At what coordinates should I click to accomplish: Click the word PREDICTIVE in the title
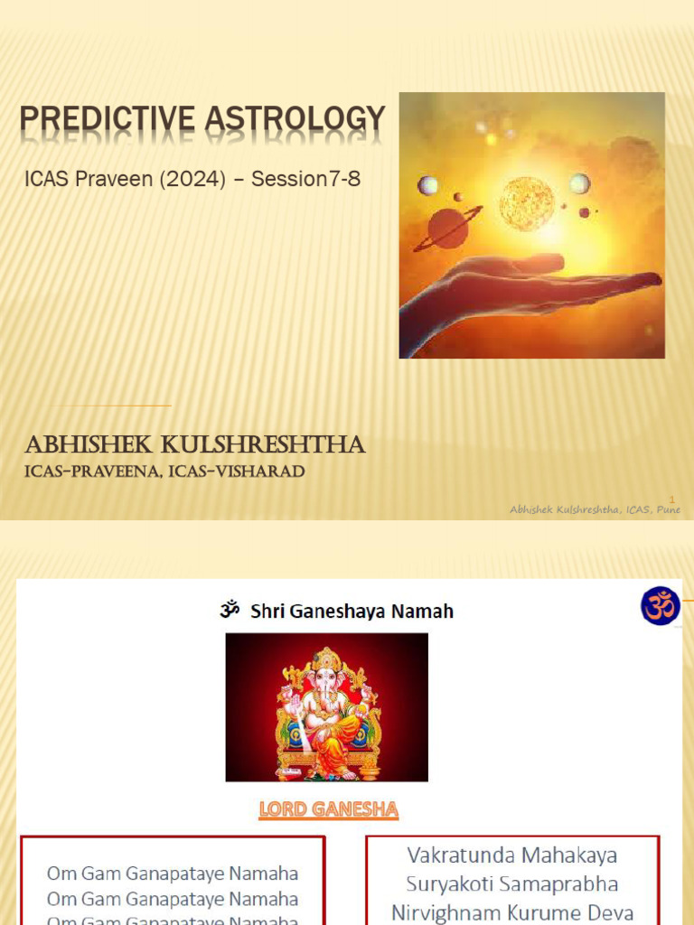[x=95, y=120]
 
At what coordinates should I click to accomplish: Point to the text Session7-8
[x=305, y=179]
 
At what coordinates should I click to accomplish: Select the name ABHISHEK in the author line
[x=86, y=445]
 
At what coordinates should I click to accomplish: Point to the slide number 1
[x=672, y=499]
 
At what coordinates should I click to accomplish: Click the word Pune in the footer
[x=668, y=509]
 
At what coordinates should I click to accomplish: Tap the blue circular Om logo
[x=660, y=605]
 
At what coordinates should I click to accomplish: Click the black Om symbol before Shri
[x=230, y=611]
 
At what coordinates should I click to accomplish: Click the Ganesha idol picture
[x=326, y=706]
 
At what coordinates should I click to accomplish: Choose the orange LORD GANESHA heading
[x=328, y=809]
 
